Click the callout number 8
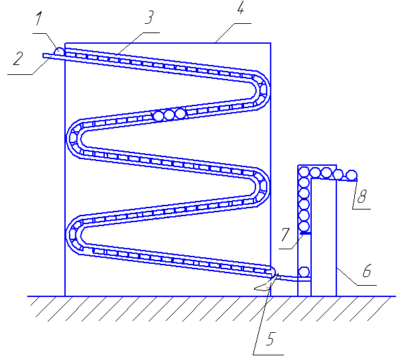coord(362,197)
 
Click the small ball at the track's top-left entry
coord(58,51)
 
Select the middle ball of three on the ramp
coord(169,115)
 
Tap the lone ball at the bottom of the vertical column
coord(304,272)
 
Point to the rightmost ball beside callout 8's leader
coord(352,176)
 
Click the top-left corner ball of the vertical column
coord(304,173)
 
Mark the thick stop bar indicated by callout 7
coord(304,232)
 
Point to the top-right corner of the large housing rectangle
coord(271,43)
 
